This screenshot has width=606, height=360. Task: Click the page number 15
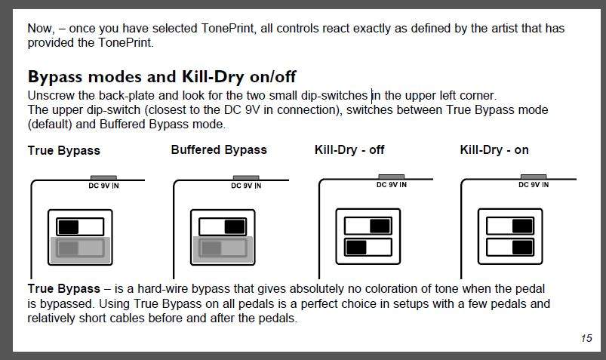pos(586,338)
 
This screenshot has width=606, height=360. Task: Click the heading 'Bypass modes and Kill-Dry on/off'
pos(161,76)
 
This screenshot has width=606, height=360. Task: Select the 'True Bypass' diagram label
pos(63,150)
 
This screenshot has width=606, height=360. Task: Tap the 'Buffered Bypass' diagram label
pos(219,149)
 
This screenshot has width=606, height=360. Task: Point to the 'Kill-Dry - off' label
pos(349,149)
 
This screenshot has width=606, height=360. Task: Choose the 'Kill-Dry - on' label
pos(494,149)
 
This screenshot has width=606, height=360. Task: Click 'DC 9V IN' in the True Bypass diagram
pos(103,186)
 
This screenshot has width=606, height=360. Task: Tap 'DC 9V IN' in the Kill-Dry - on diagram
pos(534,185)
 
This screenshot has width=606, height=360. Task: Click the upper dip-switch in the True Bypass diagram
pos(80,226)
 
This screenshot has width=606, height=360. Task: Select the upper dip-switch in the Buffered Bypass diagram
pos(223,226)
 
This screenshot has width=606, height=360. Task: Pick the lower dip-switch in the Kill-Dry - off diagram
pos(368,247)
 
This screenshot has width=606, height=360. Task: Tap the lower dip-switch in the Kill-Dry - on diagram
pos(510,247)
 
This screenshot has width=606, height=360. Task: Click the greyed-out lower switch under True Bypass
pos(80,248)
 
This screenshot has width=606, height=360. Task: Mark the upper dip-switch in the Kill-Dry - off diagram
pos(368,226)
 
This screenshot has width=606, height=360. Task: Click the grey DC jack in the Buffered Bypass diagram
pos(246,178)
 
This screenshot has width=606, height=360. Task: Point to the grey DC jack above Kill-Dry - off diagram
pos(391,177)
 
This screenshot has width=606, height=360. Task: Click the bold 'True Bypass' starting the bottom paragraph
pos(63,288)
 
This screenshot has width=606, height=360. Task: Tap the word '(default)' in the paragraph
pos(50,124)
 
